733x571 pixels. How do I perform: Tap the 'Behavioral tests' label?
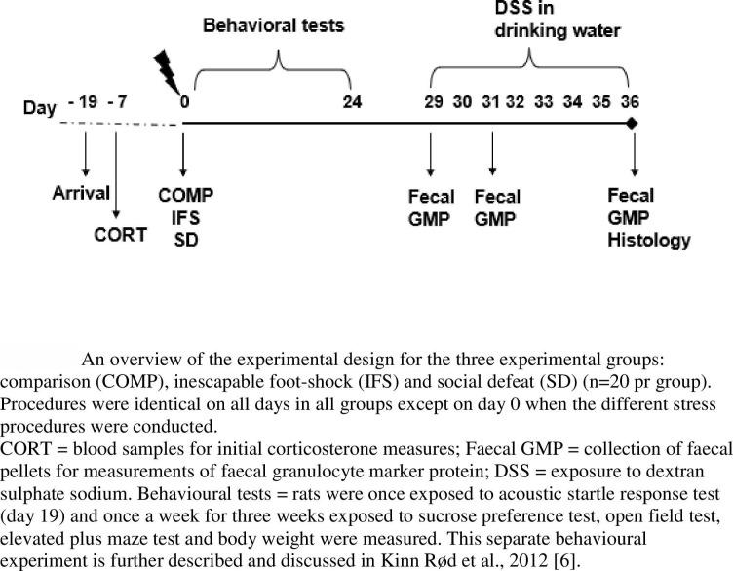273,25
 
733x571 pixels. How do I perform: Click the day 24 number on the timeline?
353,101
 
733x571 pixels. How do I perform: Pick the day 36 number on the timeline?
634,101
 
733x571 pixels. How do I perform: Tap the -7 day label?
118,101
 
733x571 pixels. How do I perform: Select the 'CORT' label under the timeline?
119,234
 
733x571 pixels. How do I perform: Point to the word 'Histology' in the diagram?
648,240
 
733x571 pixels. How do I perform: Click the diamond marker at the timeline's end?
633,124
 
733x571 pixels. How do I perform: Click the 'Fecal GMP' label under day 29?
430,208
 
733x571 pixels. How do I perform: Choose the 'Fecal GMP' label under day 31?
497,208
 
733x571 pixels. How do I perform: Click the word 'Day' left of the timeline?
40,107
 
